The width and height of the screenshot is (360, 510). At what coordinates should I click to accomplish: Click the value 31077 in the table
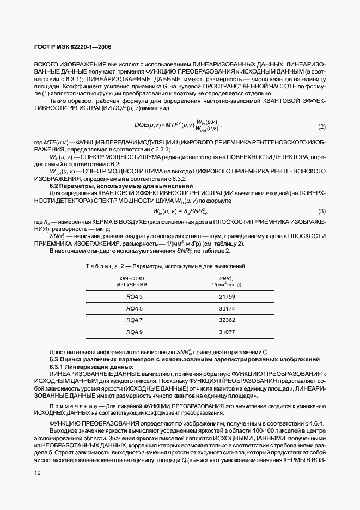(x=227, y=332)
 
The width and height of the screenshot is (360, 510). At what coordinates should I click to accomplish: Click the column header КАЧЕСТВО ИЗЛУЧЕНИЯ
(x=132, y=281)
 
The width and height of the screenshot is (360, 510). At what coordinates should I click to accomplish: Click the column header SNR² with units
(x=227, y=281)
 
